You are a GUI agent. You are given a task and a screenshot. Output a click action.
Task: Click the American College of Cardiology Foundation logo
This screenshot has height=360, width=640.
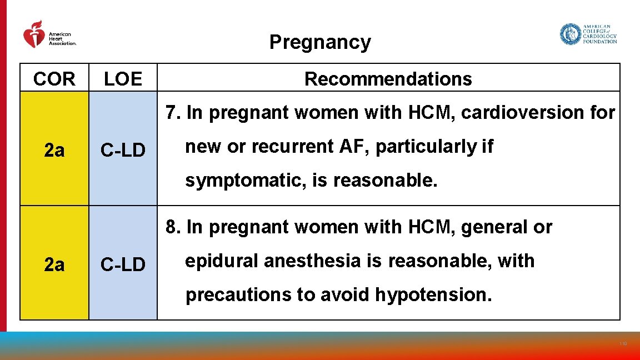tap(588, 34)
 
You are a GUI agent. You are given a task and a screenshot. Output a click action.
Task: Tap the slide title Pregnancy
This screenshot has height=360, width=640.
tap(320, 42)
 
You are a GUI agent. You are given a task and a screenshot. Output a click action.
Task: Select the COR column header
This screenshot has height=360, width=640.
tap(54, 79)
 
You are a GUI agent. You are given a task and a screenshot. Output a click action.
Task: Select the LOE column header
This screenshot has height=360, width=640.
tap(123, 79)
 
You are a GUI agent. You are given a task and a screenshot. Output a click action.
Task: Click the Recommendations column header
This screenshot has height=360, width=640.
tap(388, 79)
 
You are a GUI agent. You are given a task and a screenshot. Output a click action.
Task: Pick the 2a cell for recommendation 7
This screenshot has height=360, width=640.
tap(54, 150)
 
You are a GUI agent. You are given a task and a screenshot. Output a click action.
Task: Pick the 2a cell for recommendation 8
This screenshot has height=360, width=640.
tap(54, 265)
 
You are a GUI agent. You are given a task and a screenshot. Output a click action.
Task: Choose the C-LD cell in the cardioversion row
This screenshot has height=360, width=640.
tap(123, 150)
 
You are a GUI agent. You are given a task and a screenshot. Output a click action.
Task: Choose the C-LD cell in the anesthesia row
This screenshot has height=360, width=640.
tap(123, 265)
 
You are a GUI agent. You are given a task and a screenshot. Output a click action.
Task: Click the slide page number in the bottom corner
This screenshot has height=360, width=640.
tap(623, 344)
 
